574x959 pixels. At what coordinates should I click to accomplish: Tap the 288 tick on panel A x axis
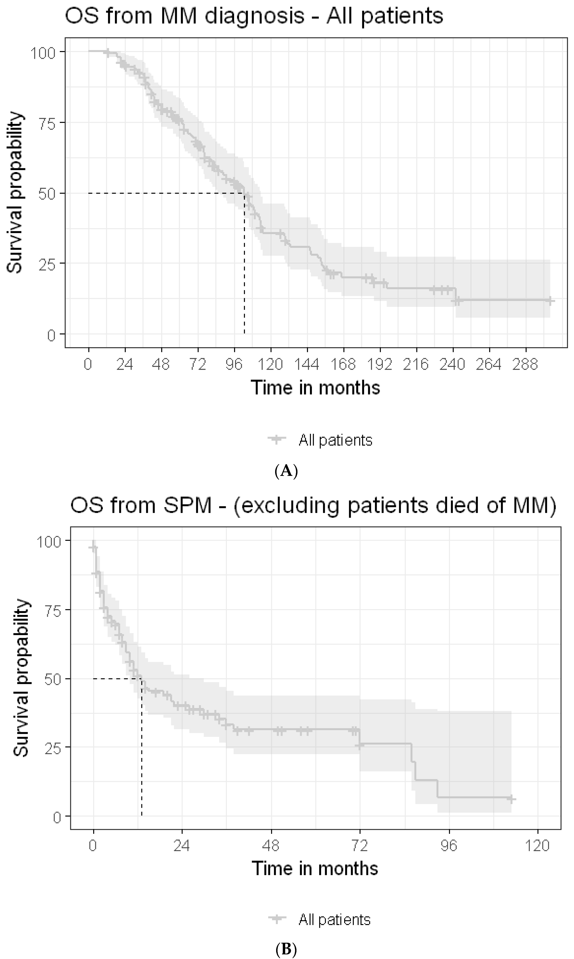tap(525, 364)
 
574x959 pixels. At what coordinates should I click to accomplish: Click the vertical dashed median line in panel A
tap(245, 270)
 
